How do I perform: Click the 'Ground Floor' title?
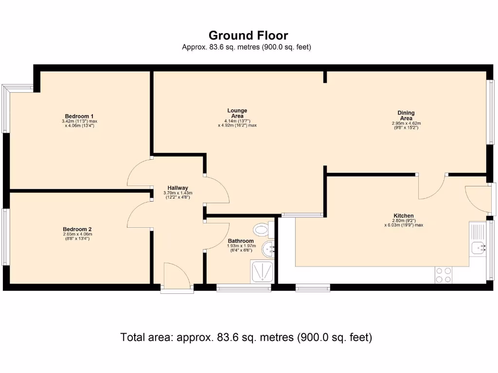pyautogui.click(x=248, y=35)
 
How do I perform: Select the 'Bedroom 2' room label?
pyautogui.click(x=77, y=229)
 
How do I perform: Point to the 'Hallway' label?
pyautogui.click(x=178, y=188)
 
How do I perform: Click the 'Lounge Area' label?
pyautogui.click(x=237, y=113)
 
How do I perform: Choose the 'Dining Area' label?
pyautogui.click(x=406, y=116)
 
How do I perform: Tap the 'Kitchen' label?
pyautogui.click(x=404, y=216)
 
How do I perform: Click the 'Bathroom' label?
pyautogui.click(x=241, y=241)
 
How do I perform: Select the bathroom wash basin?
pyautogui.click(x=268, y=250)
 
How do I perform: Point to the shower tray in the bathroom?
pyautogui.click(x=263, y=271)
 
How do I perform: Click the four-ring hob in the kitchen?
pyautogui.click(x=443, y=275)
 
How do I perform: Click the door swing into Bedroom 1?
pyautogui.click(x=139, y=173)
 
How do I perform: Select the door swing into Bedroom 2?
pyautogui.click(x=139, y=215)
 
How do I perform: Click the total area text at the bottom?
pyautogui.click(x=246, y=337)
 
